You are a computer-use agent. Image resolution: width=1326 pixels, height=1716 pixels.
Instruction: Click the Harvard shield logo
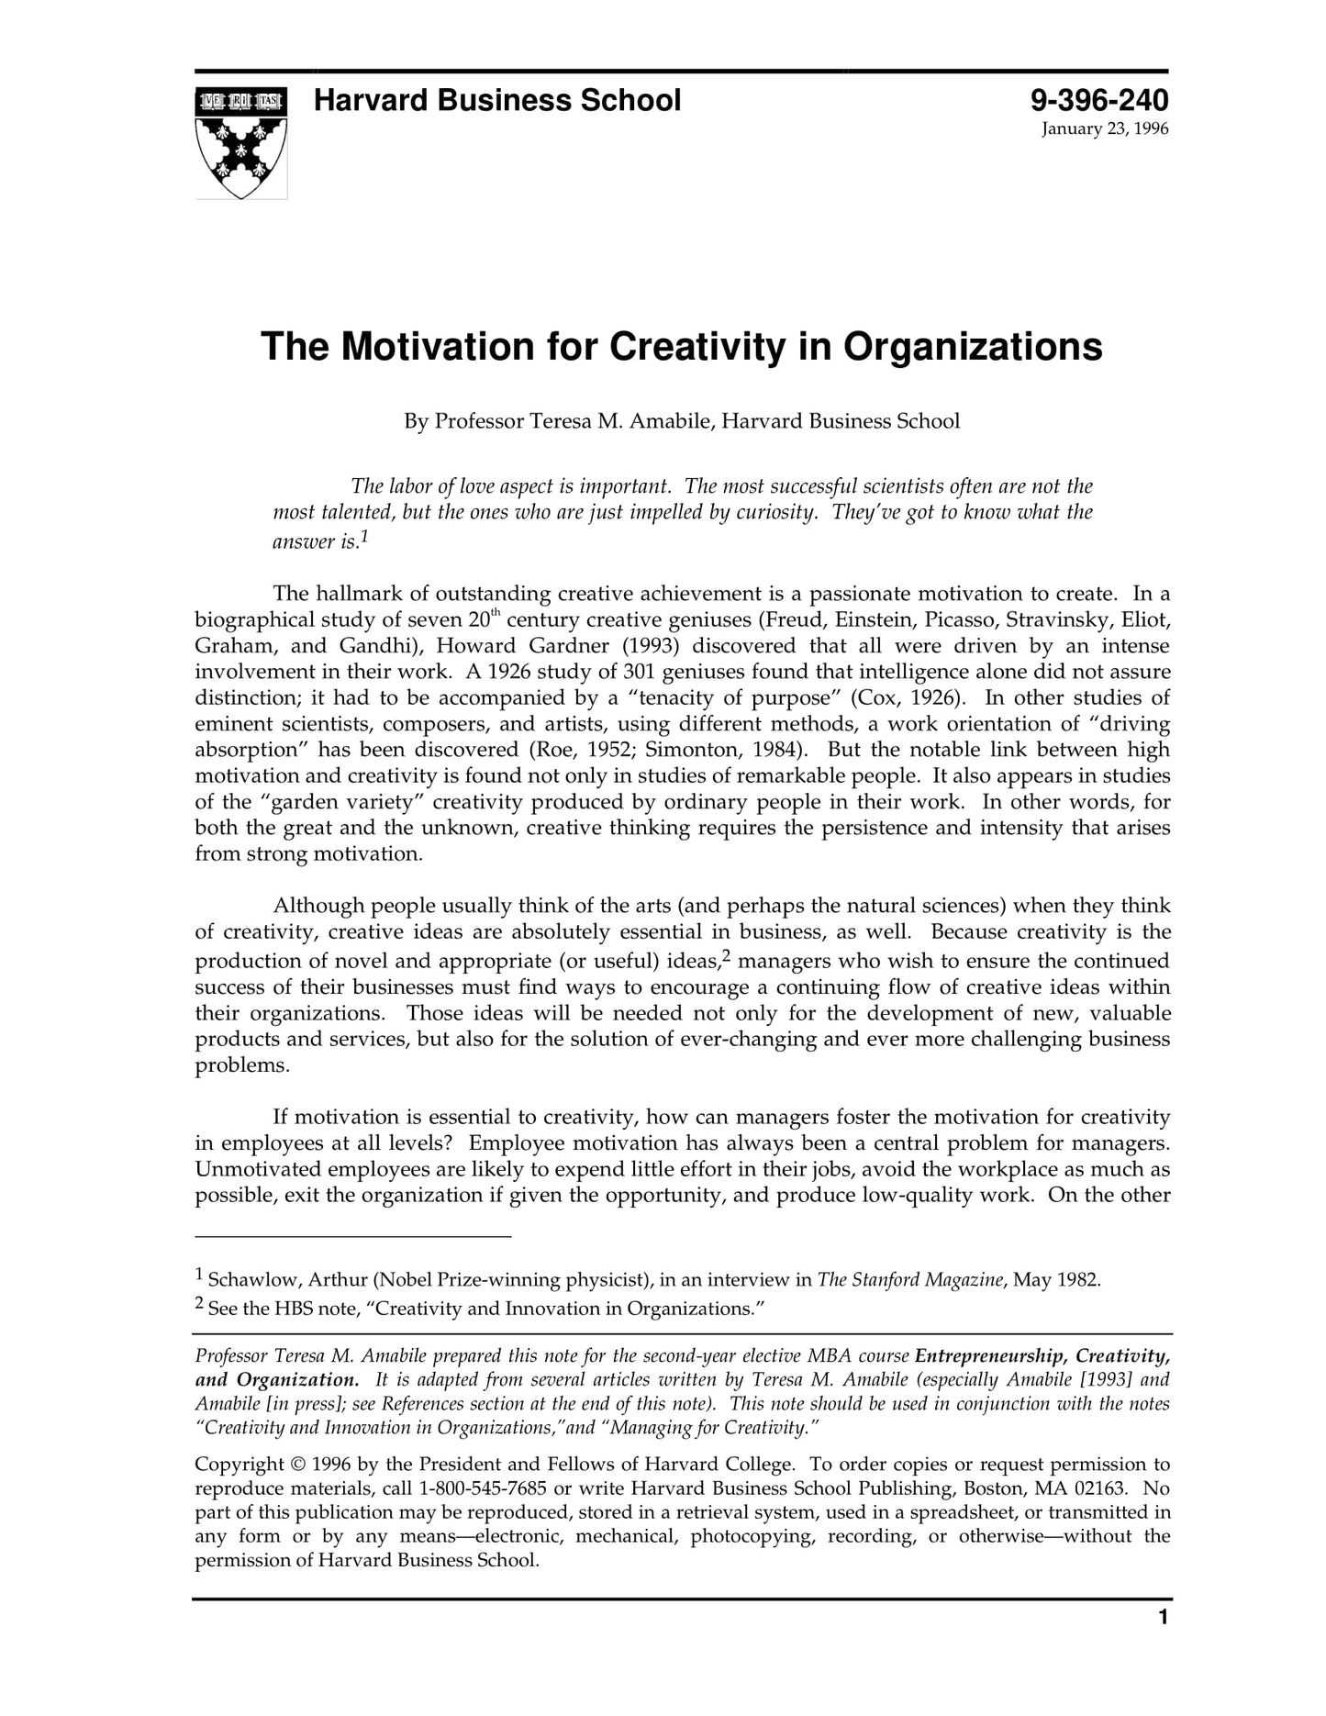pos(240,142)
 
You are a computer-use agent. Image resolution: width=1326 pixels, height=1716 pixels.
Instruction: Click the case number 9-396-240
pos(1098,100)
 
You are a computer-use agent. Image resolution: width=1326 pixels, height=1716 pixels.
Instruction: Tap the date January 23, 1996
pos(1104,129)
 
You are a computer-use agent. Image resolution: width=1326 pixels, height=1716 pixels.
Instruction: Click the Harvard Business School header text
pos(496,100)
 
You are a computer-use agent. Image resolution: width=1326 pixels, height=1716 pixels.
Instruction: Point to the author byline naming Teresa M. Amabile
pos(682,421)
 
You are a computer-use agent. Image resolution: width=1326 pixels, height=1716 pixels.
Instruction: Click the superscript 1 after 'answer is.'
pos(364,536)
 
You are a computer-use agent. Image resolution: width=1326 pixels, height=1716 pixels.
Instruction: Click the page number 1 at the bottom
pos(1163,1617)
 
